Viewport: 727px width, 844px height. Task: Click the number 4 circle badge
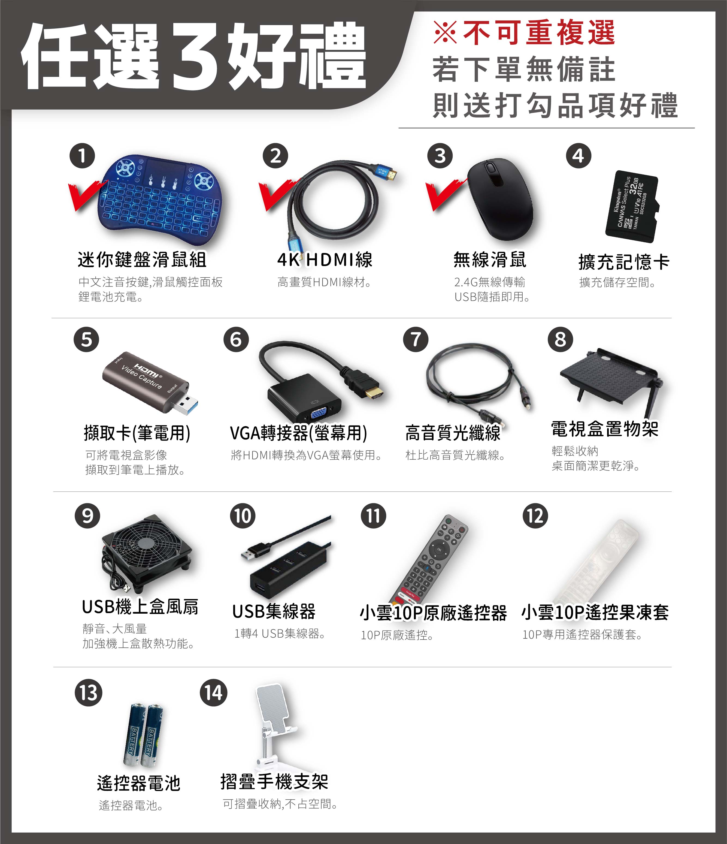(x=578, y=156)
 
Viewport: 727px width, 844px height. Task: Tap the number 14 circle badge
(x=213, y=692)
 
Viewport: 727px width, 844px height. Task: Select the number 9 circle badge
(x=87, y=516)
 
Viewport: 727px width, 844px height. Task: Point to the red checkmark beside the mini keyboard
(x=87, y=195)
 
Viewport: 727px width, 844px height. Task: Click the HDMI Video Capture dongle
(x=151, y=383)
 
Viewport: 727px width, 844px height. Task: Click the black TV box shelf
(x=611, y=377)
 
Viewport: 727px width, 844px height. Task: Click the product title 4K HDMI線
(x=325, y=260)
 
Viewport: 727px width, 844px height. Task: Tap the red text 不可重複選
(x=539, y=33)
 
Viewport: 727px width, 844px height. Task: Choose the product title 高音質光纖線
(x=453, y=433)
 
